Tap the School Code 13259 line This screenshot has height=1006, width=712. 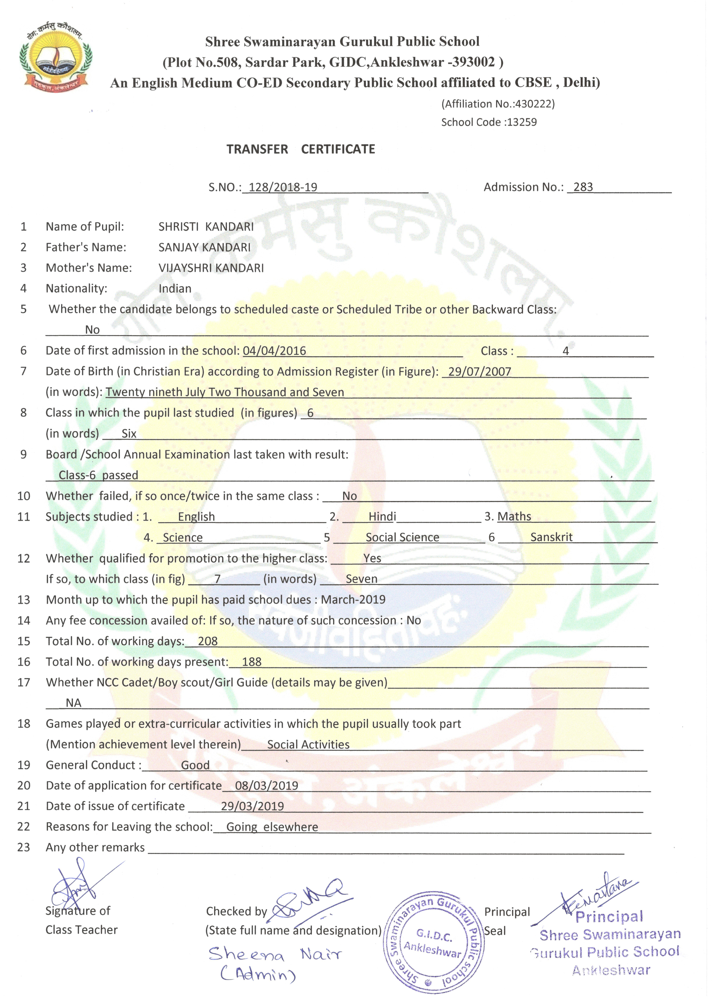point(489,122)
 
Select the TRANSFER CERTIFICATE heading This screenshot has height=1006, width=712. point(301,149)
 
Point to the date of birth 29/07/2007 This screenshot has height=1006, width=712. point(480,372)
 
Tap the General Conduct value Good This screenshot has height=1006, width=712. point(195,765)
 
